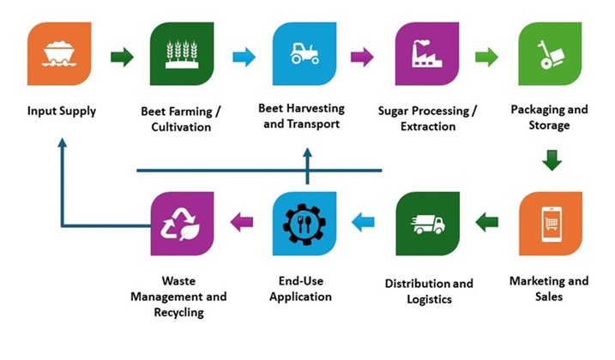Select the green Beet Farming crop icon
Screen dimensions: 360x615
coord(182,54)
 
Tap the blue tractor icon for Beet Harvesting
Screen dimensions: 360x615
coord(304,54)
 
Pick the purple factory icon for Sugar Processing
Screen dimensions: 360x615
coord(427,54)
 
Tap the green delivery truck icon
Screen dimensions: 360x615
coord(427,224)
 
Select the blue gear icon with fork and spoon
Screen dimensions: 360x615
coord(304,224)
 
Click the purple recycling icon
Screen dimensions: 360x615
coord(182,224)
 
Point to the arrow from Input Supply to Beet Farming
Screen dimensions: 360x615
coord(122,57)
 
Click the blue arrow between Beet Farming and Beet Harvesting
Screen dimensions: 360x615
coord(244,57)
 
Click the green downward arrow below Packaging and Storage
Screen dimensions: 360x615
coord(552,160)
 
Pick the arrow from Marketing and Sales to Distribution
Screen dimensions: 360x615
coord(487,223)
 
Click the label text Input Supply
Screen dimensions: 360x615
coord(61,111)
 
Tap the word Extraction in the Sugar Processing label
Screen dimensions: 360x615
coord(427,127)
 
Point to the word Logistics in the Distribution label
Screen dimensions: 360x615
coord(427,300)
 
